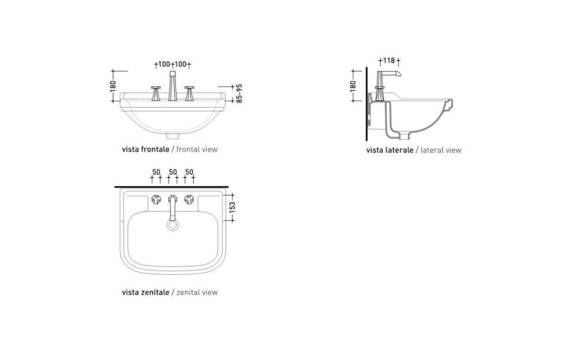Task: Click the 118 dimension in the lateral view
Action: point(389,61)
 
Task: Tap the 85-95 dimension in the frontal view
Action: point(240,92)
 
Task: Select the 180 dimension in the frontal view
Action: point(113,85)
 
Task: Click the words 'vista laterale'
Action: point(390,150)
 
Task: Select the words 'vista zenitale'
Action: point(145,292)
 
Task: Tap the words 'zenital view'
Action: point(196,292)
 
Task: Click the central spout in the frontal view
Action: point(172,85)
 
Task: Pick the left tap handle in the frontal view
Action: point(156,92)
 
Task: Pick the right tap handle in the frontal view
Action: point(189,92)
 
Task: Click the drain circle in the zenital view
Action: point(172,225)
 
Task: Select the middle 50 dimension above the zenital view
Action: point(172,172)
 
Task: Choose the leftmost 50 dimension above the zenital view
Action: point(156,172)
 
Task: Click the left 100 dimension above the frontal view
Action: point(163,64)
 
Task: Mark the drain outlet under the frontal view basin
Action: point(172,134)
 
